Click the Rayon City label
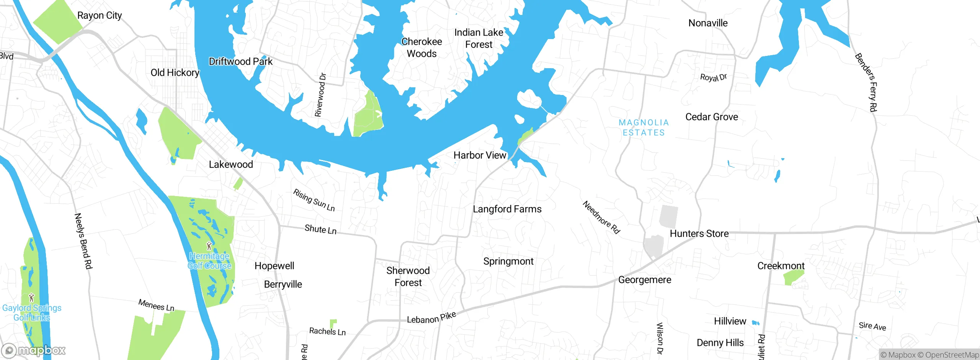[100, 16]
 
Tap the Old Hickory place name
[175, 73]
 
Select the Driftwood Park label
[240, 62]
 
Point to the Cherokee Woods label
[421, 47]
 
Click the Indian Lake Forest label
[479, 38]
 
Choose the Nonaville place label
[708, 23]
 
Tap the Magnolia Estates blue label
[644, 128]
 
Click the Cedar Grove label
[711, 117]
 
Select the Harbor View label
[480, 155]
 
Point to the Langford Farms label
[507, 209]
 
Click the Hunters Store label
[699, 234]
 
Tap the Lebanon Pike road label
[431, 318]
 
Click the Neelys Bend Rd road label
[83, 241]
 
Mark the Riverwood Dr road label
[320, 95]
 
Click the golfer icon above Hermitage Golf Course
[209, 246]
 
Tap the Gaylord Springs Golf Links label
[32, 313]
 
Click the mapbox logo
[34, 350]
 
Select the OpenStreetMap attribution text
[948, 355]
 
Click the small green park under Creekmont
[793, 278]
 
